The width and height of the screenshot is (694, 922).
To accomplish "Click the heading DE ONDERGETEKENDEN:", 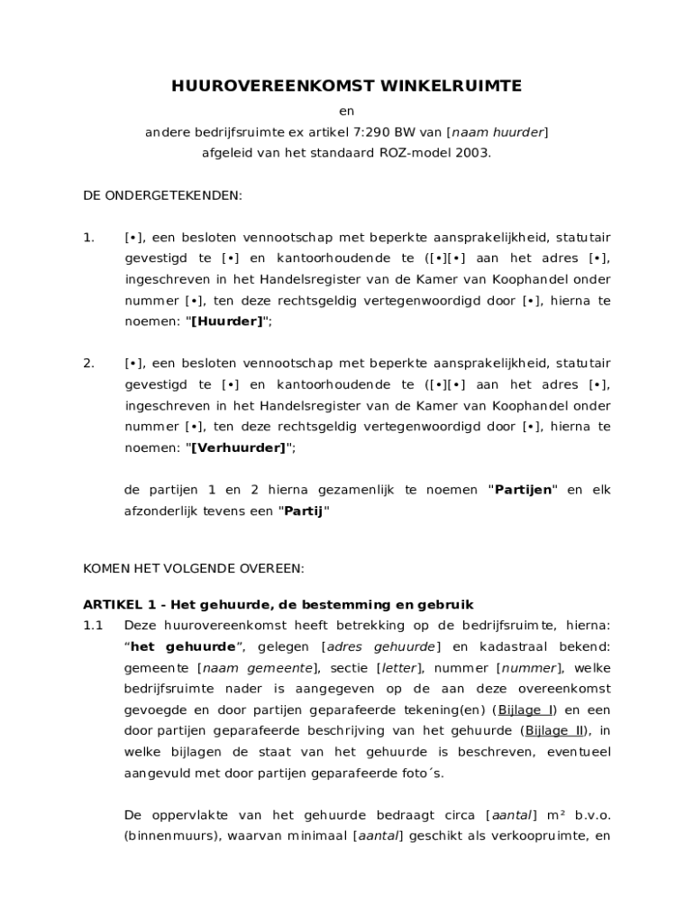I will coord(162,194).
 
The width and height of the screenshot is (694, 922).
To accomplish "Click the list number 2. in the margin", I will coord(89,364).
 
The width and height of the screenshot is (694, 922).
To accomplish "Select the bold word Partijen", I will coord(524,490).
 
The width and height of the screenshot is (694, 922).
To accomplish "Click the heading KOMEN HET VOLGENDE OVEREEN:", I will coord(194,568).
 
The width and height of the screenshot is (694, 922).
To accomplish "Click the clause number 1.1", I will coord(94,625).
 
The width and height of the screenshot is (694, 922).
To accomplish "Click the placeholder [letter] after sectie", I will coord(397,668).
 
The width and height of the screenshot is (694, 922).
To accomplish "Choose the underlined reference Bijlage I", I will coord(525,710).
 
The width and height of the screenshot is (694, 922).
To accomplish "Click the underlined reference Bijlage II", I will coord(554,730).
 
